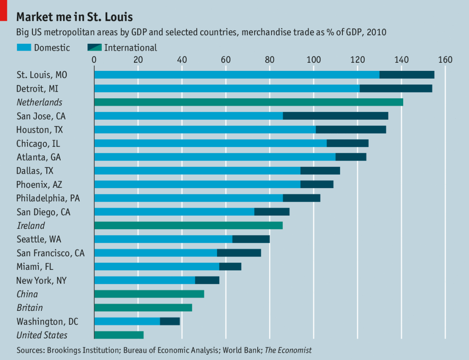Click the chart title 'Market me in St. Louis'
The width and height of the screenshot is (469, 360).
coord(75,17)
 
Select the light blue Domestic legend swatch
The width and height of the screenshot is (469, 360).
coord(23,47)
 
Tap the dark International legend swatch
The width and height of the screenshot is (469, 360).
coord(94,47)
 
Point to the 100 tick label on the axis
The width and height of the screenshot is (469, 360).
coord(313,59)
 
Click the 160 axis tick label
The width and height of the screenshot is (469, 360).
coord(445,59)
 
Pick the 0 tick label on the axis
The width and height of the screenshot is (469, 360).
coord(94,59)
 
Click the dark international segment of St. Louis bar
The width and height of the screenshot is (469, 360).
coord(406,75)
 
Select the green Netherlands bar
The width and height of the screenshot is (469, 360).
coord(249,102)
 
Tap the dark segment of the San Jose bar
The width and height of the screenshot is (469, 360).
coord(335,116)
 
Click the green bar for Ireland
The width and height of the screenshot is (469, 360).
coord(188,226)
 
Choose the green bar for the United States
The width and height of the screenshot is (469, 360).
coord(119,335)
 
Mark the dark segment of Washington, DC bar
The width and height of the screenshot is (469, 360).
coord(169,321)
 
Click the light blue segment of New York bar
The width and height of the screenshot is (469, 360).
coord(145,280)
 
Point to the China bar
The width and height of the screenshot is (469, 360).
coord(149,294)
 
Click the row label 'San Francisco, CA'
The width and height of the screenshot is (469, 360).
coord(50,253)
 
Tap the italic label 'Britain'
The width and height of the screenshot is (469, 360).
coord(29,308)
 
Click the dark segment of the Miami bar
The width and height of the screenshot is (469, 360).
coord(230,267)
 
